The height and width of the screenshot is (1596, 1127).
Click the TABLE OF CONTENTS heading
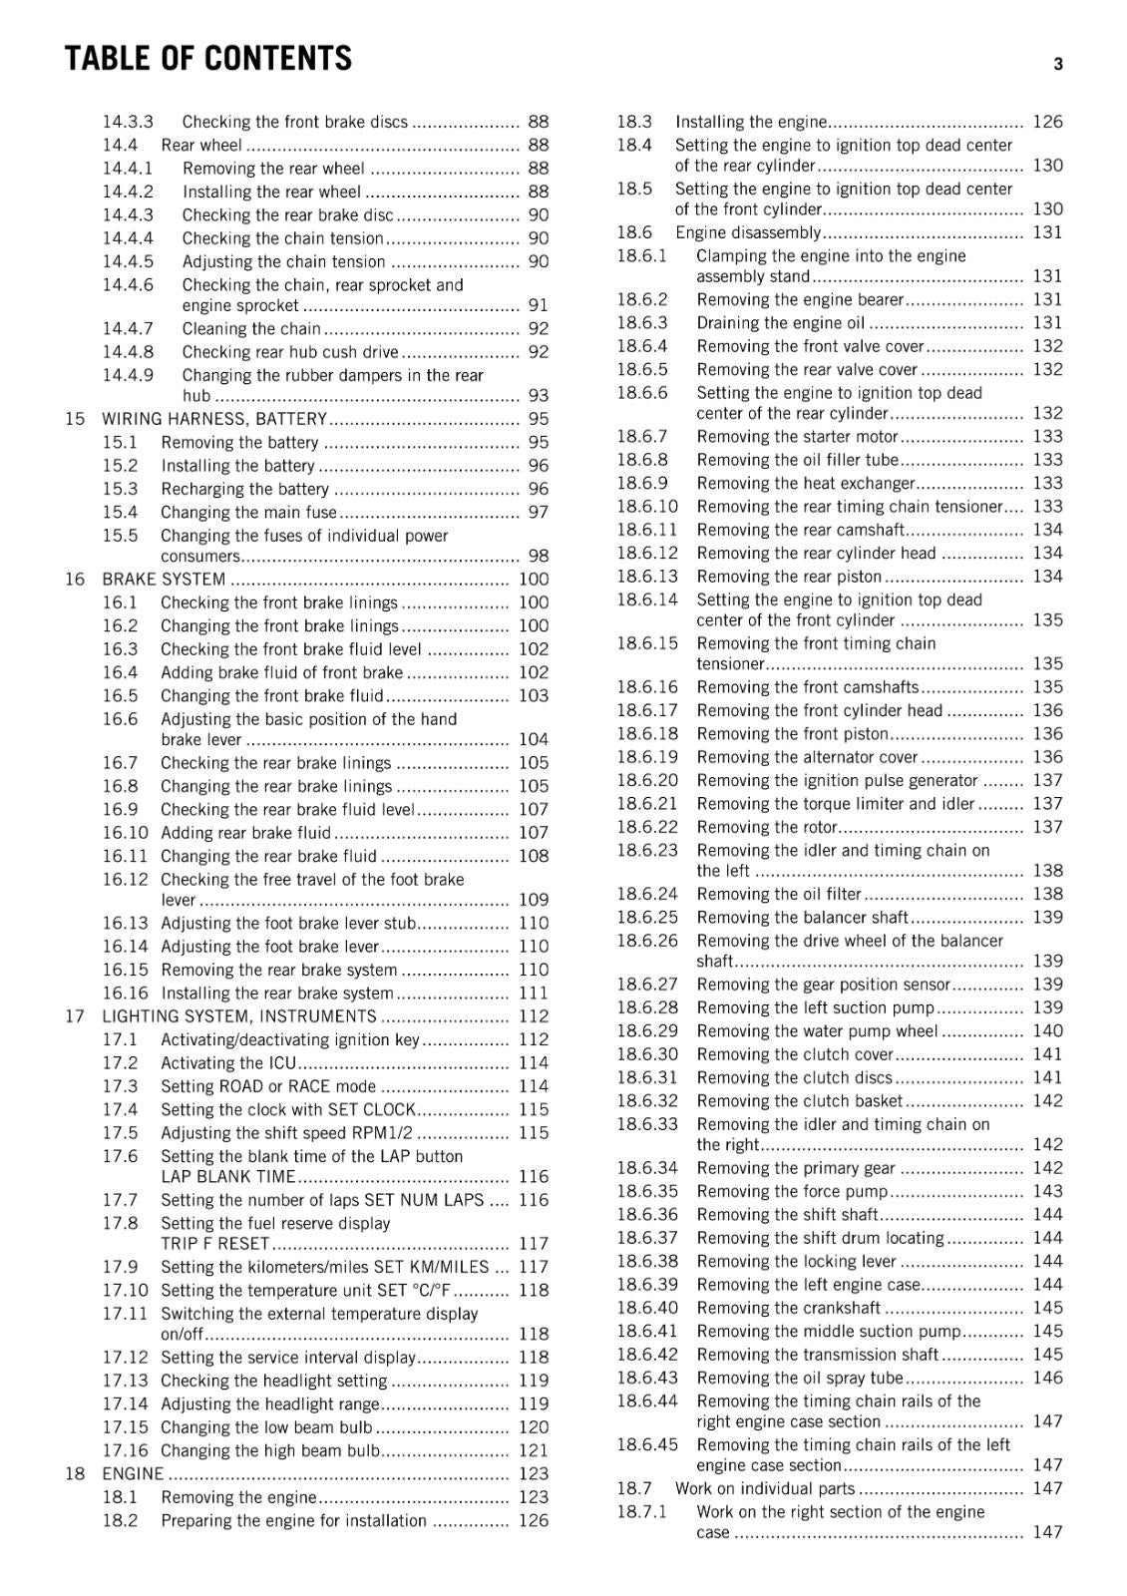(x=207, y=59)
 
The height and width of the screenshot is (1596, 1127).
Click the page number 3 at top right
(x=1057, y=65)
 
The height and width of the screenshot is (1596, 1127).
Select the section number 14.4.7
(x=128, y=328)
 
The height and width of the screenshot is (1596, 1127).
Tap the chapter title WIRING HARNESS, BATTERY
(x=214, y=419)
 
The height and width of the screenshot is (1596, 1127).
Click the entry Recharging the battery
(x=244, y=489)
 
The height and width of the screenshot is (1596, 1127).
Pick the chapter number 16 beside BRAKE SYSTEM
(x=75, y=579)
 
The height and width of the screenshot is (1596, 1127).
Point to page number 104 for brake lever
(x=533, y=739)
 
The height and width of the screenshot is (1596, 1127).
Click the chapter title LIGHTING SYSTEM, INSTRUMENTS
(x=239, y=1016)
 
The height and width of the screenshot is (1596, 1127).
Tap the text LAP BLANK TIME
(x=228, y=1177)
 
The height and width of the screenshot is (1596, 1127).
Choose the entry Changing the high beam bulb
(x=270, y=1450)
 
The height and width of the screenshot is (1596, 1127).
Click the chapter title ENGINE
(x=132, y=1473)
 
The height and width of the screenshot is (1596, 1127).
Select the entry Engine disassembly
(x=747, y=232)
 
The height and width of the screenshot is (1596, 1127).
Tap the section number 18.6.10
(x=646, y=507)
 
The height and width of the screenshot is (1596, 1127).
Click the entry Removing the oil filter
(x=778, y=894)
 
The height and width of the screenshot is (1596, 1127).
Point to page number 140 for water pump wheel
(x=1047, y=1030)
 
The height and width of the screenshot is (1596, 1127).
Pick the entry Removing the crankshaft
(x=788, y=1308)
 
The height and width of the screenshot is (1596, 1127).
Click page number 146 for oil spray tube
(x=1047, y=1378)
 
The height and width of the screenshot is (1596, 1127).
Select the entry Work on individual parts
(x=765, y=1488)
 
